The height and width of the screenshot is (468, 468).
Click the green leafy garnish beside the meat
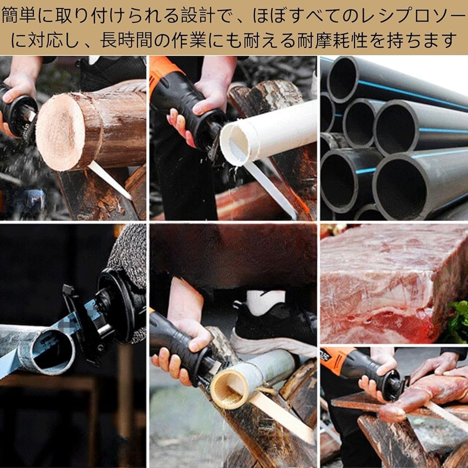click(459, 324)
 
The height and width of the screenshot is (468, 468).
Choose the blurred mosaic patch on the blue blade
click(70, 324)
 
